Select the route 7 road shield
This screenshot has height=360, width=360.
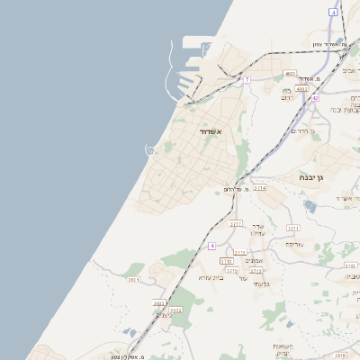246,79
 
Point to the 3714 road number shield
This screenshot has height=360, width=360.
259,188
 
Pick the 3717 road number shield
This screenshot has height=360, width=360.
236,223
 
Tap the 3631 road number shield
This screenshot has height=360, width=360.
134,280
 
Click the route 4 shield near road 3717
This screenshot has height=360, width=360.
212,245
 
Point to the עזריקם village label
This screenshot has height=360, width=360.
294,244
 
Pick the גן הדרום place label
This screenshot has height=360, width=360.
306,131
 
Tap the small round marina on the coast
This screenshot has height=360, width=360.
150,149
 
